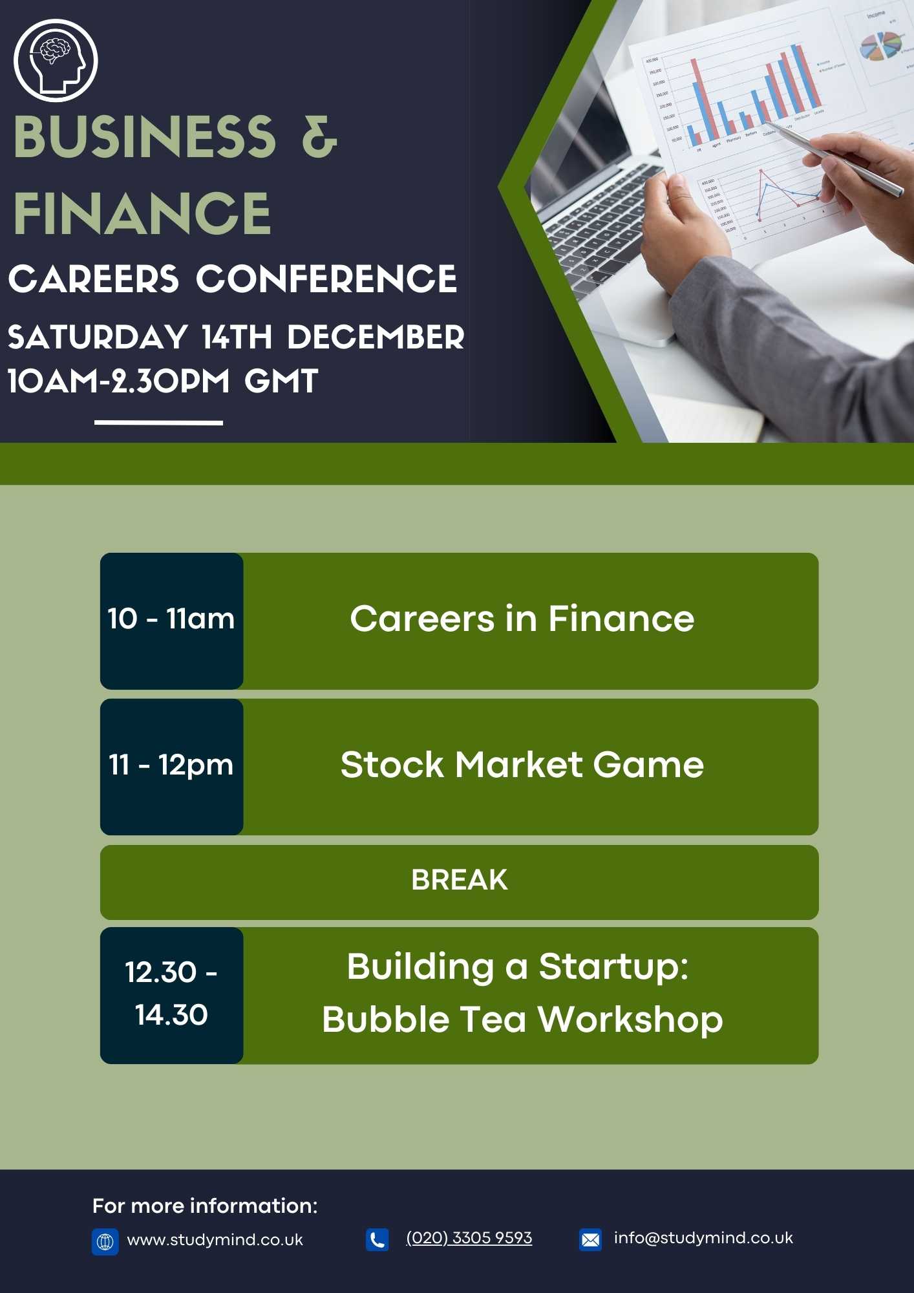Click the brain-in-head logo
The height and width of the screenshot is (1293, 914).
click(56, 60)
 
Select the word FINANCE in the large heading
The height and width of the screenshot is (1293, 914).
click(142, 213)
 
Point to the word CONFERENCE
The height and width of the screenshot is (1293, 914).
click(326, 279)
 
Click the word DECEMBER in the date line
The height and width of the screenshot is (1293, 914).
click(376, 337)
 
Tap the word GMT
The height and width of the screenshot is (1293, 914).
click(281, 381)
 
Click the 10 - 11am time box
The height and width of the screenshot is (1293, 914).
click(172, 621)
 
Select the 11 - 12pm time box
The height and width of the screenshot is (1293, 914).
click(172, 767)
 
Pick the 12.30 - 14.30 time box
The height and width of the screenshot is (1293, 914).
click(172, 996)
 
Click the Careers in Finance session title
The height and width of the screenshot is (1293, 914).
click(522, 619)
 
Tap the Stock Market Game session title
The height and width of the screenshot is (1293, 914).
click(522, 765)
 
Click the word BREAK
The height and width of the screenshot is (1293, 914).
click(460, 880)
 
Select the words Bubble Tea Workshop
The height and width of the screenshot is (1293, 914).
click(522, 1020)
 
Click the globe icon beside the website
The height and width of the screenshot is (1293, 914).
click(105, 1241)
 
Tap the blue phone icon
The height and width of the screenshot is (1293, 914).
click(377, 1239)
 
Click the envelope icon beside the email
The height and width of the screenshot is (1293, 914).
click(590, 1239)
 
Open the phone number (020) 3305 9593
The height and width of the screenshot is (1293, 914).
click(469, 1238)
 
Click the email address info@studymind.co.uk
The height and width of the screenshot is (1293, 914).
click(703, 1238)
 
